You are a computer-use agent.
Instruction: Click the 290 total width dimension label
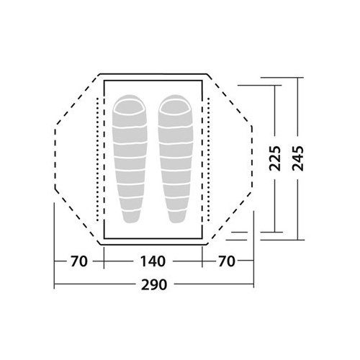tap(153, 284)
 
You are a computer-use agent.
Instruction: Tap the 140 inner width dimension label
tap(153, 261)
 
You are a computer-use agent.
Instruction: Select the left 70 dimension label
tap(79, 261)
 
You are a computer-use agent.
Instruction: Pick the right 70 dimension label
tap(227, 261)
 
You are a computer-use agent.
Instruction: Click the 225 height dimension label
tap(275, 158)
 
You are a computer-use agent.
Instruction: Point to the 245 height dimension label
tap(298, 158)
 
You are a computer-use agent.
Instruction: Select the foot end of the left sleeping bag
tap(131, 217)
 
